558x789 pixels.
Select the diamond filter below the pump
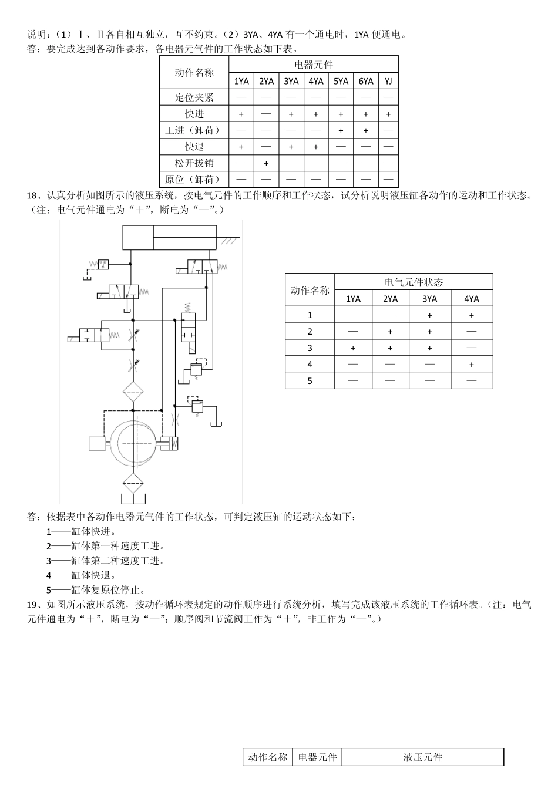(x=133, y=483)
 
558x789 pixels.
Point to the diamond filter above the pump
(x=133, y=391)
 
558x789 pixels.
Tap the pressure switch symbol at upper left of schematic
(x=102, y=264)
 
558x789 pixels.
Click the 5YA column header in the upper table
(x=341, y=81)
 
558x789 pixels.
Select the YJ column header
(x=388, y=81)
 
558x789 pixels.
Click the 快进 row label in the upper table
(x=194, y=113)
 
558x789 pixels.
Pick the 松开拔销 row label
(x=194, y=163)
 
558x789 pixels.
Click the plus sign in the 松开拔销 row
(x=266, y=163)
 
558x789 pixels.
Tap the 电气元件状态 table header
(x=414, y=282)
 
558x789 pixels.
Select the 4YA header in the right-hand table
(x=471, y=299)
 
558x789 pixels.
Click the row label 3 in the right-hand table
(x=310, y=348)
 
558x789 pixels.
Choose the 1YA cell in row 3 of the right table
(x=353, y=348)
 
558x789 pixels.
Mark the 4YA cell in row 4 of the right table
(x=471, y=365)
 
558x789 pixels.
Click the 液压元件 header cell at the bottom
(x=422, y=757)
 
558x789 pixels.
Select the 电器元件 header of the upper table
(x=314, y=65)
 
